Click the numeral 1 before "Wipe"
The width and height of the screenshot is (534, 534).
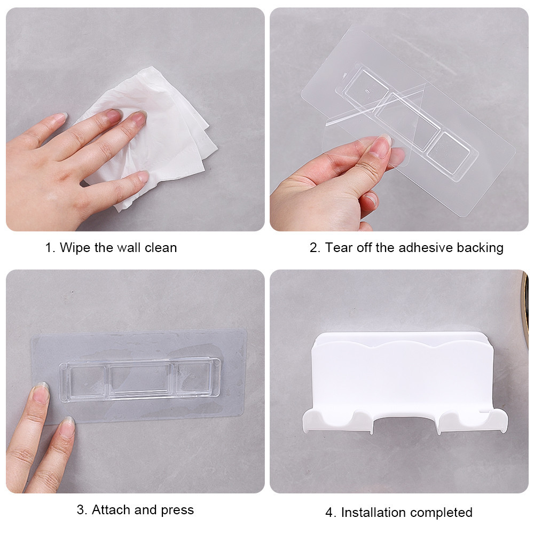(49, 248)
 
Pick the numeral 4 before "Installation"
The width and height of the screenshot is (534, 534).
(329, 513)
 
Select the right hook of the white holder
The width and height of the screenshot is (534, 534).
(473, 421)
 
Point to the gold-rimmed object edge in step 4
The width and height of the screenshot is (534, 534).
(525, 307)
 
